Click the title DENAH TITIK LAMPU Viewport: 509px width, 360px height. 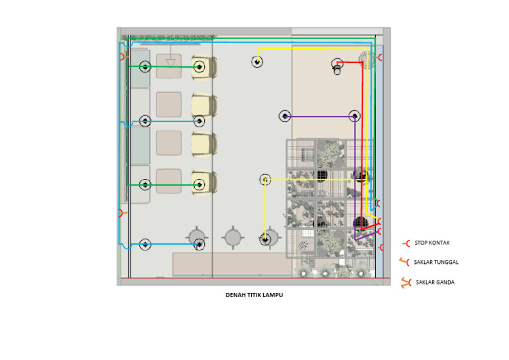pyautogui.click(x=254, y=295)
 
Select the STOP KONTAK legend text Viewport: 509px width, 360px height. pyautogui.click(x=431, y=243)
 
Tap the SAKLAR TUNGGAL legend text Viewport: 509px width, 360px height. pyautogui.click(x=436, y=262)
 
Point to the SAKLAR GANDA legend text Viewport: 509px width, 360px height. pyautogui.click(x=435, y=282)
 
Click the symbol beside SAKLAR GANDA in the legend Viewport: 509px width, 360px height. pyautogui.click(x=406, y=282)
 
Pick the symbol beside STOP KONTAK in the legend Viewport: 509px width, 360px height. pyautogui.click(x=406, y=243)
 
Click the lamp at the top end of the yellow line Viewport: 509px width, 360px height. pyautogui.click(x=257, y=62)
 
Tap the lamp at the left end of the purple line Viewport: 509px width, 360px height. pyautogui.click(x=285, y=116)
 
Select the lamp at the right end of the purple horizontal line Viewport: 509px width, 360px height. pyautogui.click(x=355, y=116)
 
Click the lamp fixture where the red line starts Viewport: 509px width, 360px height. pyautogui.click(x=337, y=66)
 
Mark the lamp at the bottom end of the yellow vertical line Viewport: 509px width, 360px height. pyautogui.click(x=265, y=240)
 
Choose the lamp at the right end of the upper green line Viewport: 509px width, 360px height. pyautogui.click(x=199, y=67)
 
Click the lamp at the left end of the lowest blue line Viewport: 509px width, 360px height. pyautogui.click(x=145, y=244)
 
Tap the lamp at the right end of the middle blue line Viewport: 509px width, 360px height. pyautogui.click(x=199, y=121)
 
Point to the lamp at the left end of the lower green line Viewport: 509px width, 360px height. pyautogui.click(x=145, y=185)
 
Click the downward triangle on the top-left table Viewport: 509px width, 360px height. pyautogui.click(x=170, y=62)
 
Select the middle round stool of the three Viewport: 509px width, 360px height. pyautogui.click(x=233, y=237)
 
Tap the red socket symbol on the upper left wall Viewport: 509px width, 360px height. pyautogui.click(x=123, y=57)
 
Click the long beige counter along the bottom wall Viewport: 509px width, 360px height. pyautogui.click(x=233, y=265)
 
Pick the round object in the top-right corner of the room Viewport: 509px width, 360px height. pyautogui.click(x=367, y=60)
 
